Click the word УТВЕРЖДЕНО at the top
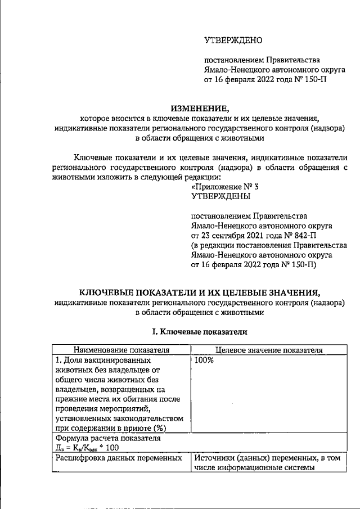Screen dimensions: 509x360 [232, 40]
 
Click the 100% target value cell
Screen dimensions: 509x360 [204, 360]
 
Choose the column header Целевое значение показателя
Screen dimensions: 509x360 [269, 350]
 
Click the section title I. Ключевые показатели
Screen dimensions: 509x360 [200, 332]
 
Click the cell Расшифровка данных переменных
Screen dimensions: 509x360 [119, 458]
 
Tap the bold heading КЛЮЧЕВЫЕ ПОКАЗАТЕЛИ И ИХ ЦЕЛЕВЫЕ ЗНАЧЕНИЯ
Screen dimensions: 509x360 [200, 292]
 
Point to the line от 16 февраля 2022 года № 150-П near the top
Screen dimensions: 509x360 [265, 80]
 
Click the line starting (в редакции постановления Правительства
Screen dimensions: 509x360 [269, 246]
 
